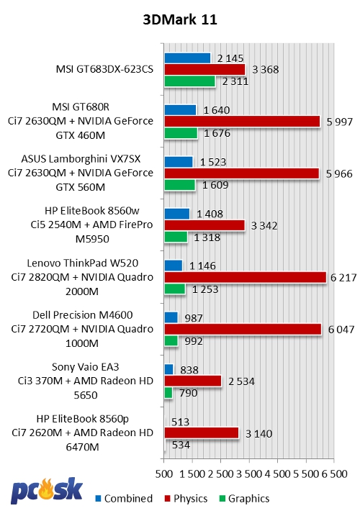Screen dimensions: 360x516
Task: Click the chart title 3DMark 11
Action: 180,19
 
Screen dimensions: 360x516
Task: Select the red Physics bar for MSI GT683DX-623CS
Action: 205,69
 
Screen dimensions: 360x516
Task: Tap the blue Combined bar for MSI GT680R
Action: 180,110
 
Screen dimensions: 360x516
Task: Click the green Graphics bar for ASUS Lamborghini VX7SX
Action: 180,185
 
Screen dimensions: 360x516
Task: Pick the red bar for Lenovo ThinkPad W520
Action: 246,277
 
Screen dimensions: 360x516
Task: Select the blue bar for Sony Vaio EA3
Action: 169,369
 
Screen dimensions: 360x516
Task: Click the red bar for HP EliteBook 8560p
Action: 202,433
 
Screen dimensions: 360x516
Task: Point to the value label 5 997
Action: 340,122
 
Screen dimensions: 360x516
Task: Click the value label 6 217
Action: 343,278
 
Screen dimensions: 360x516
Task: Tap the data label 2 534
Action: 241,381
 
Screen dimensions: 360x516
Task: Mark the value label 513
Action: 181,422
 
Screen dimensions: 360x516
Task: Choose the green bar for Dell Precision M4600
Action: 171,340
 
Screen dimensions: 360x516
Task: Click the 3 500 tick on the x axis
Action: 249,474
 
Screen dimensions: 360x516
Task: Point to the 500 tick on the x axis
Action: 164,474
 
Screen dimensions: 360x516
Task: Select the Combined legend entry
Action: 124,499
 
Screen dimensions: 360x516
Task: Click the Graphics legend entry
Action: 244,499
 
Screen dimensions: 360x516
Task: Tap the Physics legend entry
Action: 186,499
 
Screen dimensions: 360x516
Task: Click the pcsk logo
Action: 47,491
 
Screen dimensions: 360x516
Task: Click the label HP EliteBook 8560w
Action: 92,211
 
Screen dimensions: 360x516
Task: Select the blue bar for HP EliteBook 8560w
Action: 177,214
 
